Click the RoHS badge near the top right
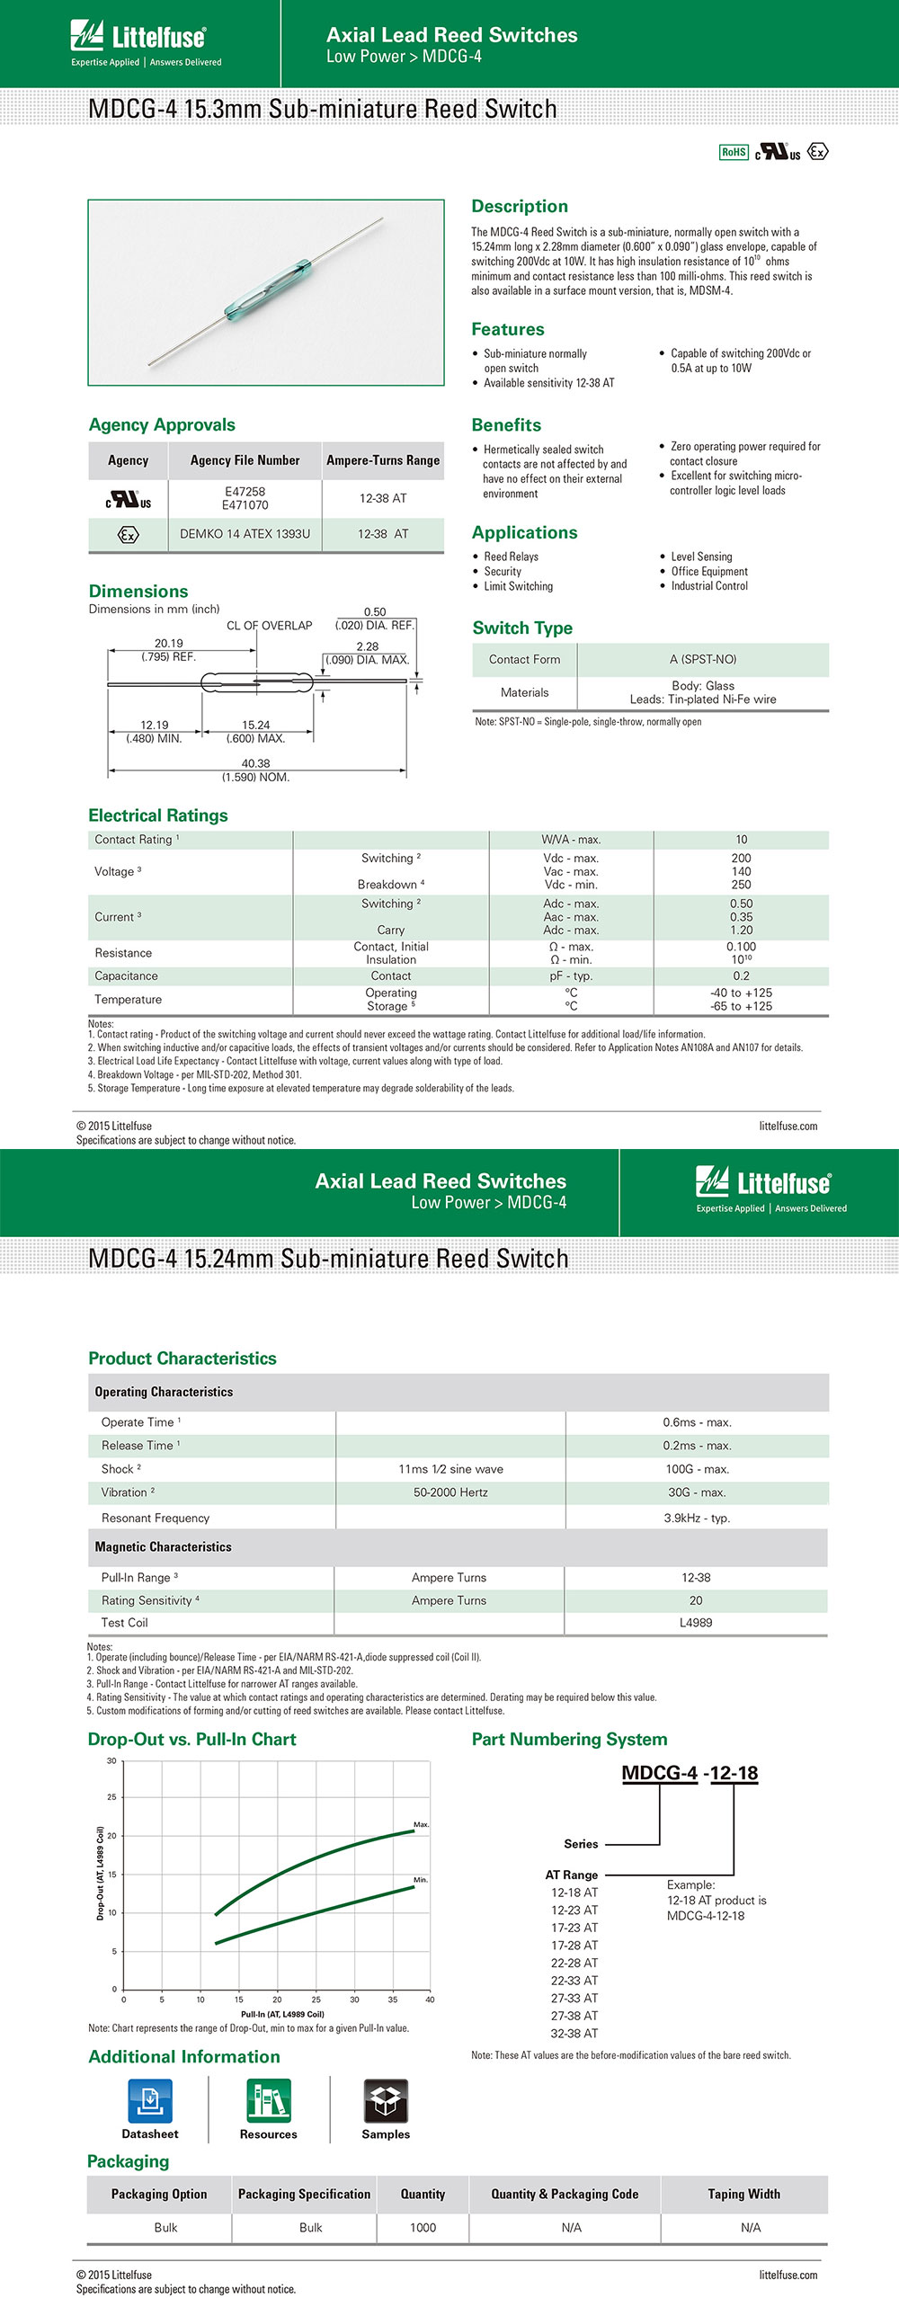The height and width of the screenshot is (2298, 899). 734,152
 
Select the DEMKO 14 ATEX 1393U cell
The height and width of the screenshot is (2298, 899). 245,534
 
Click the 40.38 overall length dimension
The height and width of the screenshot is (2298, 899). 255,763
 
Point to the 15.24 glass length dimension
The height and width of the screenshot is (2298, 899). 255,725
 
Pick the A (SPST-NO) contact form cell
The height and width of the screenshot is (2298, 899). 702,660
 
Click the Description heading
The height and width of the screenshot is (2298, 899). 520,207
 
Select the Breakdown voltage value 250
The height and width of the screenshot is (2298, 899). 741,885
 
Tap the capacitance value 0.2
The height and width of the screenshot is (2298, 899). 741,976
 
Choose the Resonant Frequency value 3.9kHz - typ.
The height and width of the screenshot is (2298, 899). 697,1518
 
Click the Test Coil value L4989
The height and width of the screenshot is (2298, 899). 696,1623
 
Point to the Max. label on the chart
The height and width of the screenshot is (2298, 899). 421,1824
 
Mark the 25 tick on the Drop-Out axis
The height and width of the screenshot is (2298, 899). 111,1797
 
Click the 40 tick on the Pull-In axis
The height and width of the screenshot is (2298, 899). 430,2000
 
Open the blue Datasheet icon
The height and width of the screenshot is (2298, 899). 150,2101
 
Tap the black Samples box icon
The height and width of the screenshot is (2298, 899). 386,2101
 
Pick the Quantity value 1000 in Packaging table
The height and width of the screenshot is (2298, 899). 423,2228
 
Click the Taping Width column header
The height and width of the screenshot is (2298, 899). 743,2195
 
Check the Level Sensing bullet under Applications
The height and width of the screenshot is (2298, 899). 701,557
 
